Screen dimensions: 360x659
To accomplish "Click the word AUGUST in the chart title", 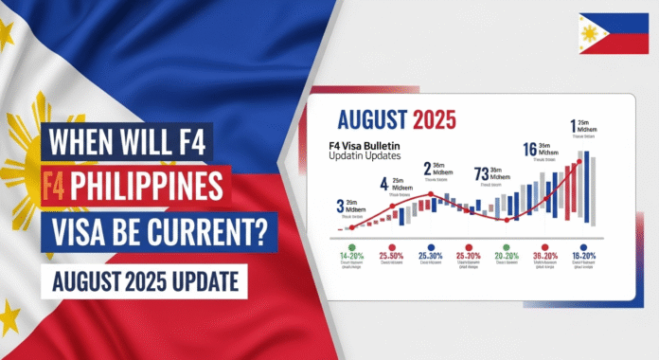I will tap(371, 122).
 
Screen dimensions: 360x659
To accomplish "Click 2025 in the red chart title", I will tap(432, 122).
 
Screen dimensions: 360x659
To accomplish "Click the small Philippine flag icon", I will tap(608, 34).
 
